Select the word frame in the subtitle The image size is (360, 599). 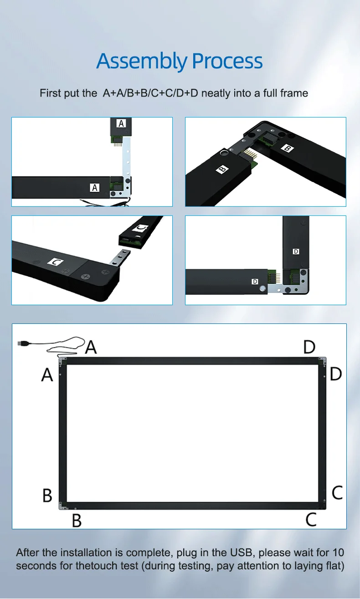point(294,93)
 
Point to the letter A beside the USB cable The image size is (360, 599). point(91,347)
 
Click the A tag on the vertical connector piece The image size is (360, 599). point(121,123)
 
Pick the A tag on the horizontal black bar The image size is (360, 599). point(95,187)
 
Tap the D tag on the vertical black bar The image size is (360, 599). point(296,251)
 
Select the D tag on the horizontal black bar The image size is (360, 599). point(255,282)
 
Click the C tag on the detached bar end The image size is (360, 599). point(141,227)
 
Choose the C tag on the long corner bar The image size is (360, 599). point(55,262)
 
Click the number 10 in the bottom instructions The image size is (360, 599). point(338,553)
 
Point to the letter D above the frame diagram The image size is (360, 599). point(309,347)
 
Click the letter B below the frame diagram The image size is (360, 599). point(77,520)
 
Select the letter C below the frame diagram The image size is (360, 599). point(311,519)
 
